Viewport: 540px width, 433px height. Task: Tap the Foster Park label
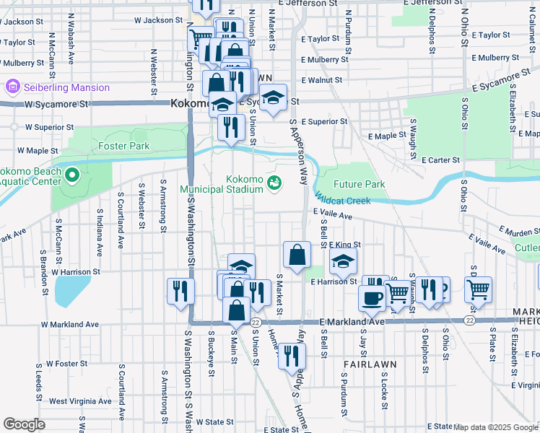click(123, 146)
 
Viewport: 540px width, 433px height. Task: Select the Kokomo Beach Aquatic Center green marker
click(71, 175)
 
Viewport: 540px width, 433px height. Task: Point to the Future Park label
click(359, 184)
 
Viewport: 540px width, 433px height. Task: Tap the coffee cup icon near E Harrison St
click(373, 297)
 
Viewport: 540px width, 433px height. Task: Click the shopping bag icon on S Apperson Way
click(297, 254)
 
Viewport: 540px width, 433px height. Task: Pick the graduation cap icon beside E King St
click(344, 262)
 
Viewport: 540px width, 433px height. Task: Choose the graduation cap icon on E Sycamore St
click(273, 97)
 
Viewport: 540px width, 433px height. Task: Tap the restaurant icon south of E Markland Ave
click(292, 355)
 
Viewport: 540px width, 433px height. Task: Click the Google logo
click(23, 424)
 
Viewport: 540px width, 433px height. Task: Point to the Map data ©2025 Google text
click(495, 427)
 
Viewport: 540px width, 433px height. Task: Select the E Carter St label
click(441, 159)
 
